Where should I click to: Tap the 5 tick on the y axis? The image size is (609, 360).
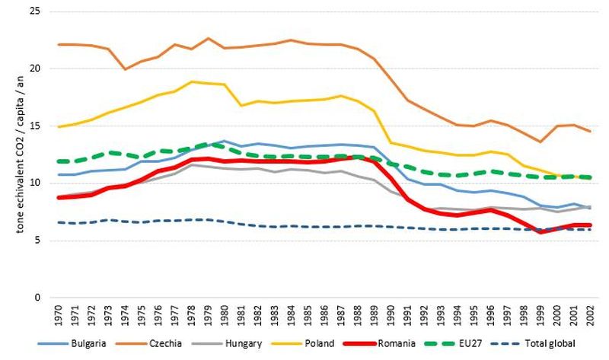click(x=37, y=241)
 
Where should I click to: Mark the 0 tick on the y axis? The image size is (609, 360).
click(x=37, y=298)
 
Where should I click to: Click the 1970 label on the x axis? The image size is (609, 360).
click(x=59, y=316)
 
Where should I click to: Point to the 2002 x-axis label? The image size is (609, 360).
click(x=589, y=316)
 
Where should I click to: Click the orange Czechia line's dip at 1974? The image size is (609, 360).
click(x=126, y=69)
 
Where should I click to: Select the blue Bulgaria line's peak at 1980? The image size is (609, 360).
click(x=225, y=141)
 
